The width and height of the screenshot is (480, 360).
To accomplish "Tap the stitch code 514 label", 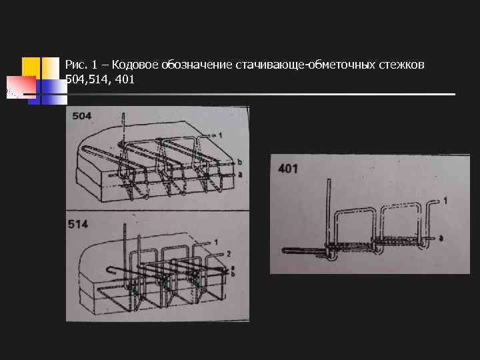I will click(x=79, y=225).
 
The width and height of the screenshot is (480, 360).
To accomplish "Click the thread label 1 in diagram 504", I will click(x=219, y=135).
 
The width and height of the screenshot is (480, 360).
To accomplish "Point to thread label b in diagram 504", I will click(x=239, y=162).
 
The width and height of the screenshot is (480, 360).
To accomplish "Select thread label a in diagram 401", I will click(x=442, y=237).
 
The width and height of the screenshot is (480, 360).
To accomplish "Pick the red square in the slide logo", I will click(x=21, y=87).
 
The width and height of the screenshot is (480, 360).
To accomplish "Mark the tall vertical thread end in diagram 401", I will click(x=328, y=200).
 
